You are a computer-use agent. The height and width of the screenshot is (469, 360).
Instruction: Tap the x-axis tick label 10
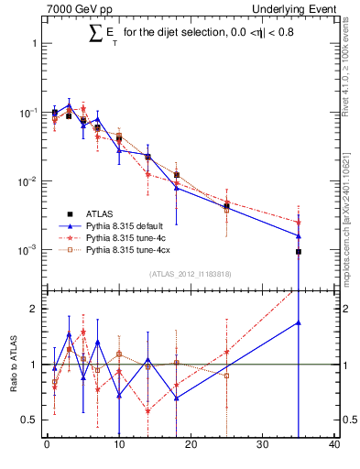(119, 445)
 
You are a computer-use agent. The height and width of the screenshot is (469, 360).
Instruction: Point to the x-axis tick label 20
(191, 445)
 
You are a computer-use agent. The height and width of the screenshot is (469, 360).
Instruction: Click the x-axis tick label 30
(263, 445)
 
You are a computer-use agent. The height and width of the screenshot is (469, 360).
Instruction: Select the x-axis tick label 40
(334, 445)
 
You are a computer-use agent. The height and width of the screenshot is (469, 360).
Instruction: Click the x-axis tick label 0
(47, 445)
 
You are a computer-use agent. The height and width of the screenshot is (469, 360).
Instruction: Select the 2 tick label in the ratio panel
(33, 309)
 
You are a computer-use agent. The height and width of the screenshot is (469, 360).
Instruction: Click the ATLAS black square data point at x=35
(299, 251)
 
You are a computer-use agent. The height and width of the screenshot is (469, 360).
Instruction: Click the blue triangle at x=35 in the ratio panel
(299, 322)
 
